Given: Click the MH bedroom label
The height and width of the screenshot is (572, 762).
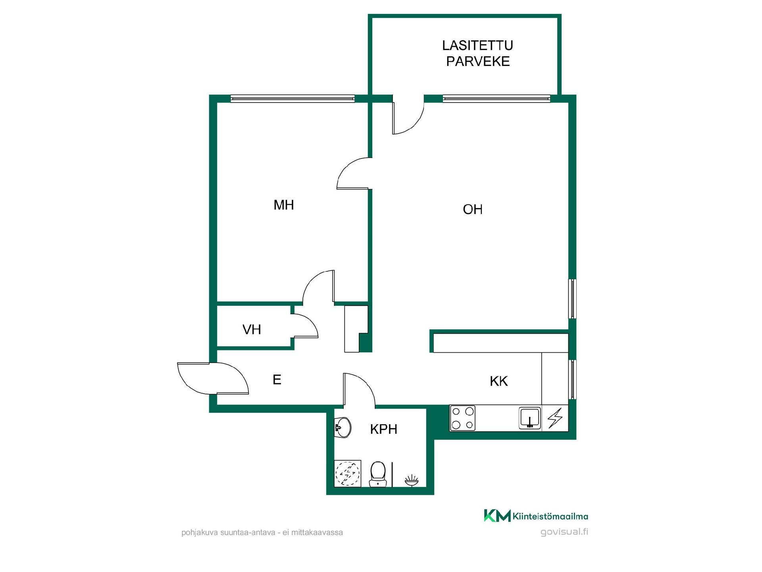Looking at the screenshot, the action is tap(283, 205).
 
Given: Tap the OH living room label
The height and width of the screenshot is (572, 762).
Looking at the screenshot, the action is tap(472, 209).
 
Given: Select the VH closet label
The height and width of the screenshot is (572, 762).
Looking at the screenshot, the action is tap(252, 329).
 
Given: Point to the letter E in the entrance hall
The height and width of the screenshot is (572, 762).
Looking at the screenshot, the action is tap(277, 380).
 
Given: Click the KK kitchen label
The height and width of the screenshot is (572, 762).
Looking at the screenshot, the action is tap(499, 381).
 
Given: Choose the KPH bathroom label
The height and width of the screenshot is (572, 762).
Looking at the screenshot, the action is tap(383, 429).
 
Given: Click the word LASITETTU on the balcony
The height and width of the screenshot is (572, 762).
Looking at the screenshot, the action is tap(477, 45).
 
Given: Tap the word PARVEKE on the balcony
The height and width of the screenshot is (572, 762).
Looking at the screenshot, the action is tap(478, 61).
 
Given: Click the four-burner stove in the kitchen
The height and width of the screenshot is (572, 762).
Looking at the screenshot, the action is tap(463, 418).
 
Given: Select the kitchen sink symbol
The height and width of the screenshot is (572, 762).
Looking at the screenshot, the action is tap(530, 418).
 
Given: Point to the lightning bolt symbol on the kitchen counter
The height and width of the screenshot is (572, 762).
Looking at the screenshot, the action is tap(555, 418).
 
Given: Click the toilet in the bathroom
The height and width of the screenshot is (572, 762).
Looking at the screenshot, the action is tap(378, 474).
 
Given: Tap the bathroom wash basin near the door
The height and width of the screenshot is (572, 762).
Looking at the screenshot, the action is tap(343, 427).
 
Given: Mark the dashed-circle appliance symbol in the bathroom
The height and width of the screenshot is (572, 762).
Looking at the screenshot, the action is tap(348, 473).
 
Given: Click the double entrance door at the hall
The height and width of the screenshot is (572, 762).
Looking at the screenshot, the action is tap(213, 378).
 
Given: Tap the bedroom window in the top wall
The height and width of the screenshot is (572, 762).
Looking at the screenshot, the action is tap(292, 99).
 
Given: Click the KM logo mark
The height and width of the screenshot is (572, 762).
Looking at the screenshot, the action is tap(497, 516).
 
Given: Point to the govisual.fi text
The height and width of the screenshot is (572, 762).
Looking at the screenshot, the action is tap(564, 532).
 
